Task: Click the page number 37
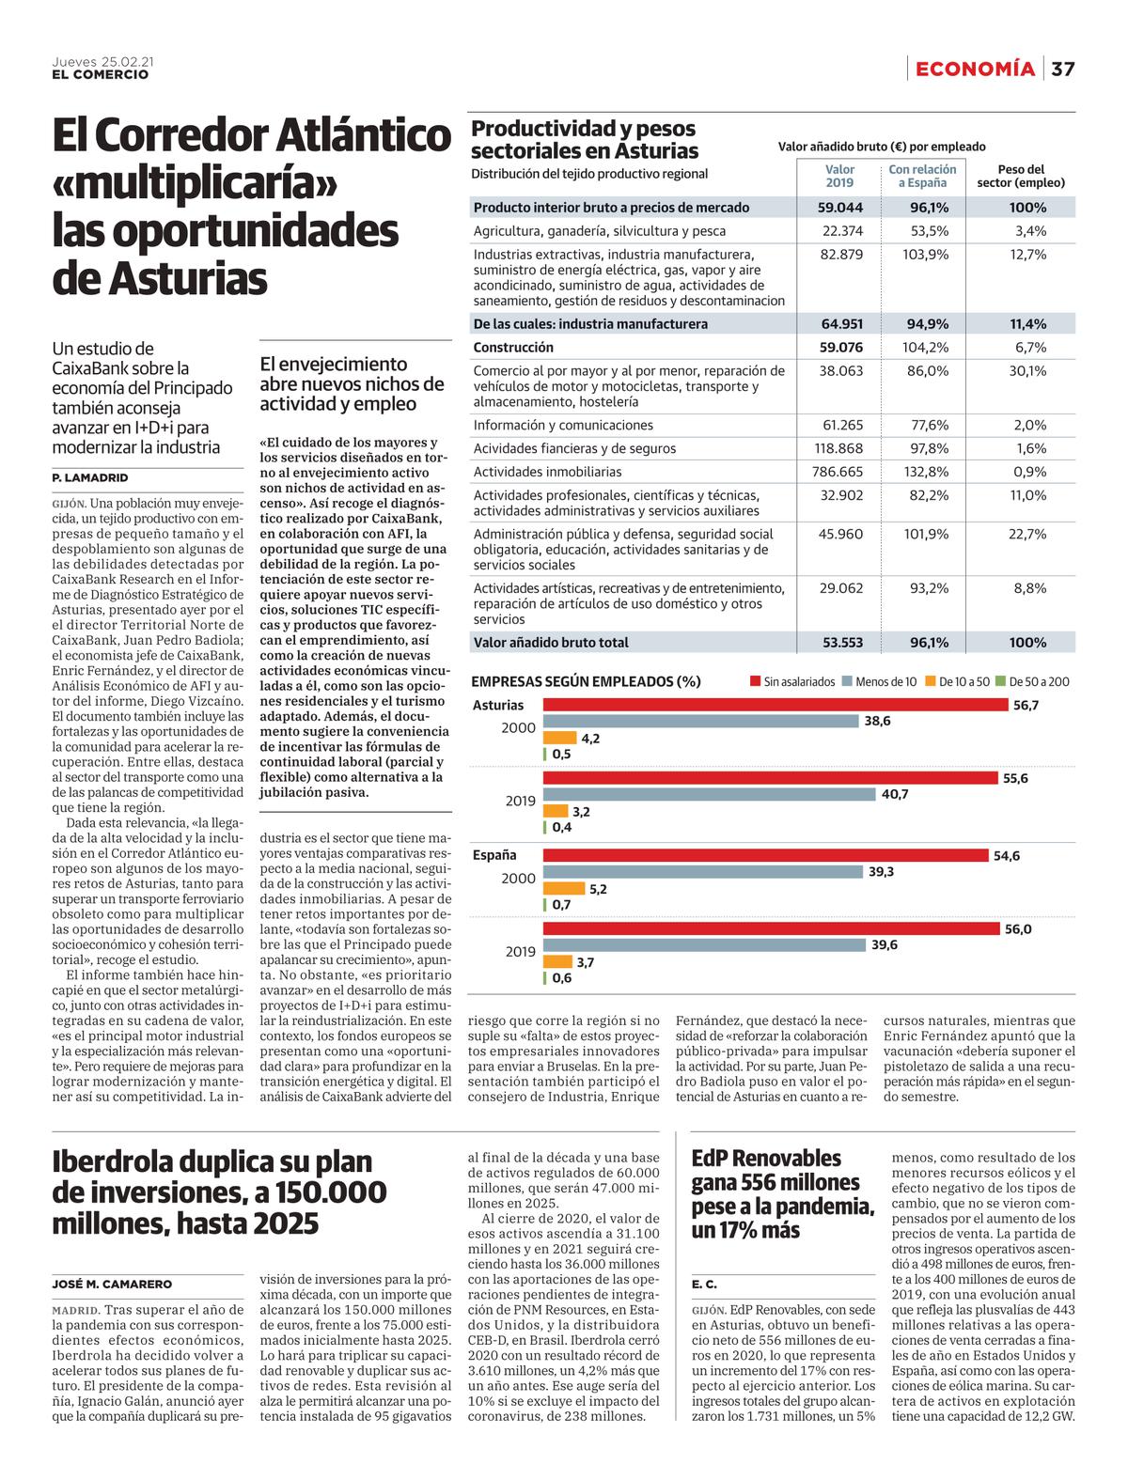coord(1063,69)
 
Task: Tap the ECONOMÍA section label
coord(975,69)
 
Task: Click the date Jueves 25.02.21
coord(103,61)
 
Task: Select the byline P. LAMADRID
coord(90,477)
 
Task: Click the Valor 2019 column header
coord(839,176)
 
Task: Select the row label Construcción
coord(512,348)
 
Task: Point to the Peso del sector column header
coord(1021,176)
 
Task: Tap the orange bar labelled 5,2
coord(563,888)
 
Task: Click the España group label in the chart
coord(494,855)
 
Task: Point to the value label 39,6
coord(885,944)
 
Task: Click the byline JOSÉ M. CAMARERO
coord(112,1284)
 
